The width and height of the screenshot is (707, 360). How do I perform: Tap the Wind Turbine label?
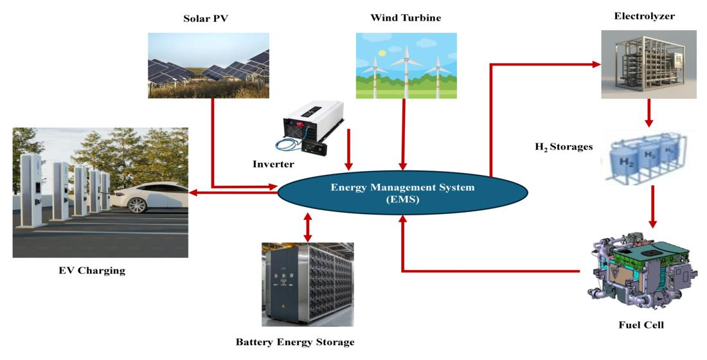[406, 18]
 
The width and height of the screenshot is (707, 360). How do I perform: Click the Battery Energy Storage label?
[296, 342]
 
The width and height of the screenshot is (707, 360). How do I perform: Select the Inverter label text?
[274, 165]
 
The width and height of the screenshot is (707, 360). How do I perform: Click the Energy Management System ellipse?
[402, 192]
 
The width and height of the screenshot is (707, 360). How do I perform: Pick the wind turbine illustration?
[406, 65]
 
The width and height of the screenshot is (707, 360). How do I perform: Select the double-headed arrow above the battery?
[307, 226]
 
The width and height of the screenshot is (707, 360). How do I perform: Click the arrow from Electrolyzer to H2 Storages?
[649, 113]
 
